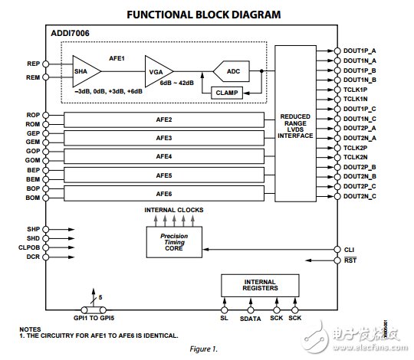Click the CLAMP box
click(227, 92)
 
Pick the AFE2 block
click(164, 119)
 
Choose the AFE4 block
click(164, 155)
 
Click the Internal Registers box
click(259, 286)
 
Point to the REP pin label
click(32, 64)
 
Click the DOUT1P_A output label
click(360, 51)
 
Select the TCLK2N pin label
click(356, 157)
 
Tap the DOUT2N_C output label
click(360, 196)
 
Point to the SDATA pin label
click(250, 318)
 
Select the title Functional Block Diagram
click(203, 15)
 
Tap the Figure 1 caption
click(203, 349)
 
